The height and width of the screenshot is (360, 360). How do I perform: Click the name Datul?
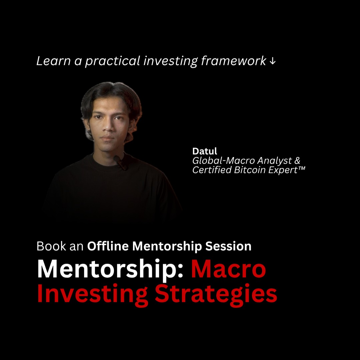point(205,151)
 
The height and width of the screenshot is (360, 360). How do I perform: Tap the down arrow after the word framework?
point(273,61)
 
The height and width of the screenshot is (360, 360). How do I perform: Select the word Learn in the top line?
point(53,61)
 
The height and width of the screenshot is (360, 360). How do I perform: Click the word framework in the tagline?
point(233,61)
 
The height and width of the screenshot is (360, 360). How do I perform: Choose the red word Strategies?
point(216,294)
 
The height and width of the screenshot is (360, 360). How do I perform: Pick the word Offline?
point(108,246)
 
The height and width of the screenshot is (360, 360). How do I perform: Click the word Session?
point(228,246)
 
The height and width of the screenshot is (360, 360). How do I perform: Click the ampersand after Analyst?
point(297,160)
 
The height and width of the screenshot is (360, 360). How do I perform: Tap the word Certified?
point(212,170)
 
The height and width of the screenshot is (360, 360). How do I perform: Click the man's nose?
point(108,126)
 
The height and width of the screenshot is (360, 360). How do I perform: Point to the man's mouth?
point(107,138)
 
